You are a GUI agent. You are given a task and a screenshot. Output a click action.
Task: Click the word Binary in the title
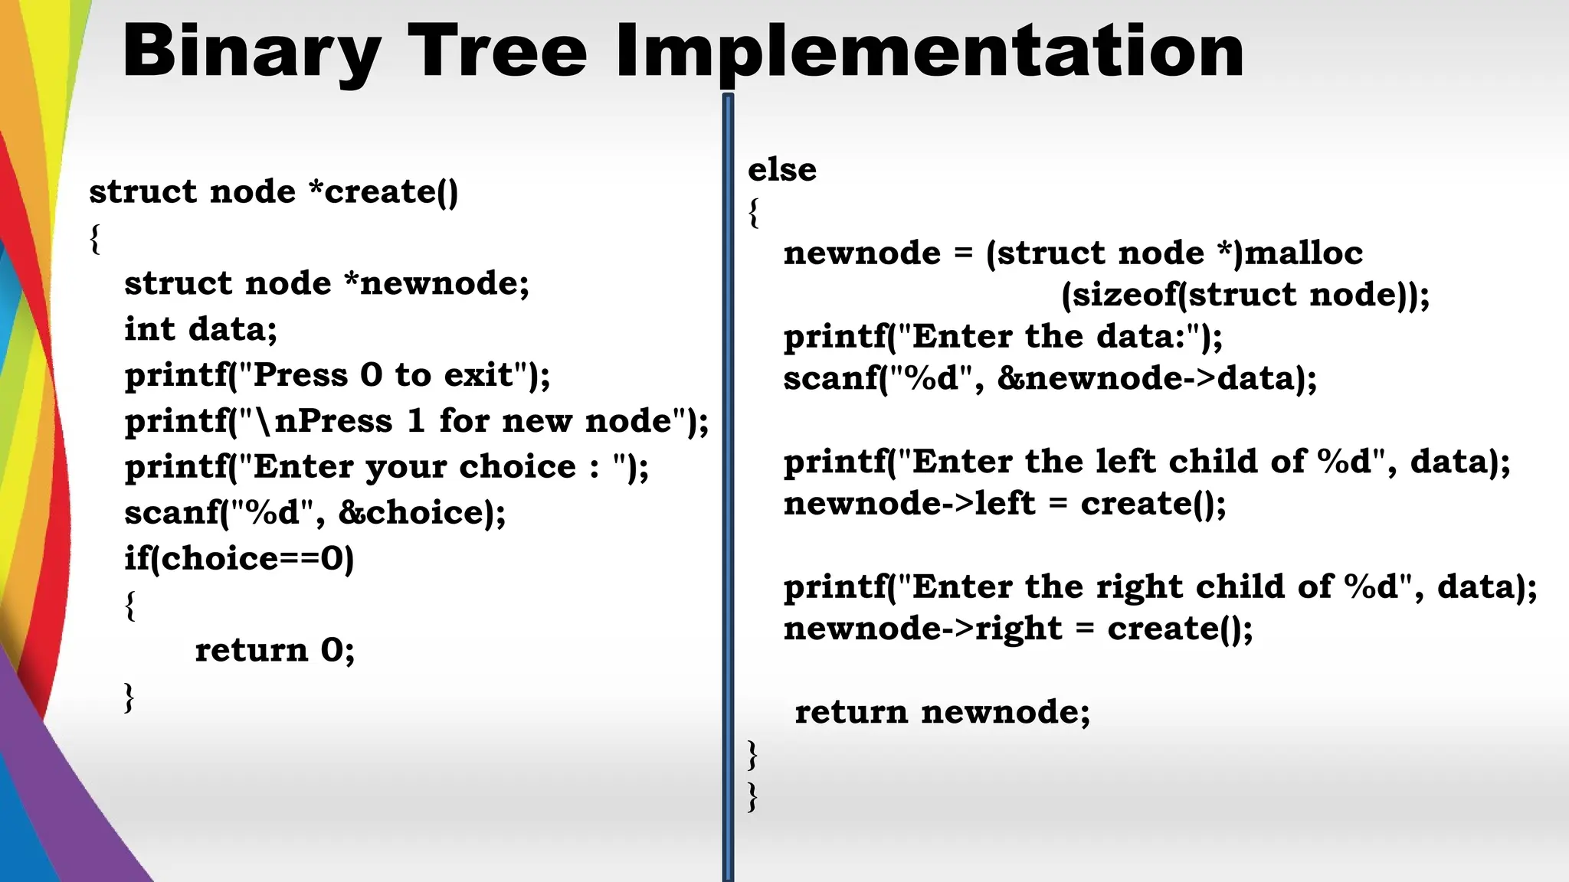(x=251, y=52)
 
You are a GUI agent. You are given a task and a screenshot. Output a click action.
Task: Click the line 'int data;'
(x=201, y=329)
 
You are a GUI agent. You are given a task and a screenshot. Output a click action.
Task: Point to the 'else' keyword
(x=781, y=170)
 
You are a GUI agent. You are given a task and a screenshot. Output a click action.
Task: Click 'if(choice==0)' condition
(x=239, y=558)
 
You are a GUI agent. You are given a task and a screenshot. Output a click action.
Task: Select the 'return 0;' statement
(x=274, y=650)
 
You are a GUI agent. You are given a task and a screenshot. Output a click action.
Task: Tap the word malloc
(x=1303, y=253)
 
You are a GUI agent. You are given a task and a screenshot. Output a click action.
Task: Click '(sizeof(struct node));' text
(x=1245, y=295)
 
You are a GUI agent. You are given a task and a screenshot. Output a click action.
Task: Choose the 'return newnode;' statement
(x=942, y=712)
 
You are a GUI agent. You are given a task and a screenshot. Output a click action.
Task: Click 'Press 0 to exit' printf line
(x=337, y=375)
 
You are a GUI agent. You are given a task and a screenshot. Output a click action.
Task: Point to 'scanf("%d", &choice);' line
(x=315, y=512)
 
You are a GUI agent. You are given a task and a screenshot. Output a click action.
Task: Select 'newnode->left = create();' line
(x=1004, y=504)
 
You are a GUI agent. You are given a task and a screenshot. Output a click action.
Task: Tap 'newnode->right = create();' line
(x=1017, y=629)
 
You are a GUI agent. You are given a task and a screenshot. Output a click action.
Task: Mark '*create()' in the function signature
(x=383, y=191)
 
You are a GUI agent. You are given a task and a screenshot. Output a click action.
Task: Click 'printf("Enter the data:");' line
(x=1002, y=337)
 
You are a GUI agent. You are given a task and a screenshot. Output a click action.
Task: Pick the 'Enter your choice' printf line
(x=386, y=467)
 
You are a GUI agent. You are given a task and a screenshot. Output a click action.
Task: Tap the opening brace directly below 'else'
(x=754, y=212)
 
